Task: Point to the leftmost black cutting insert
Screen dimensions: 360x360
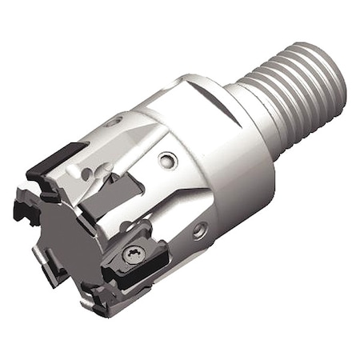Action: pos(26,210)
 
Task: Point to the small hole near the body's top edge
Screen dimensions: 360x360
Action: pos(115,121)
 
